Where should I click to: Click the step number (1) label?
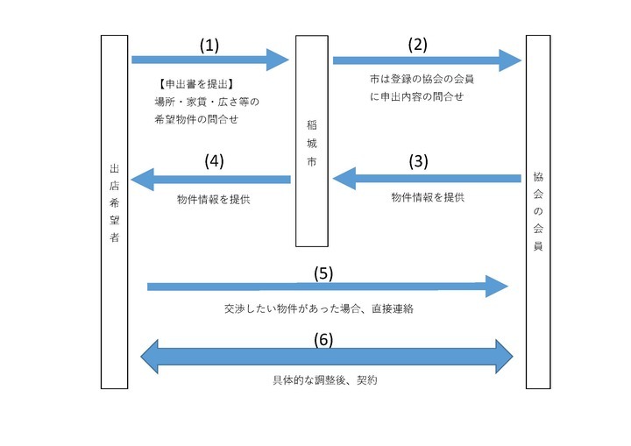(209, 44)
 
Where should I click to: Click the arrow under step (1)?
(209, 60)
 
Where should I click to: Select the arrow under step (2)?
(427, 60)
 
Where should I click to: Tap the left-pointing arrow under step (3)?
(426, 180)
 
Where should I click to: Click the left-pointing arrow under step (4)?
(210, 180)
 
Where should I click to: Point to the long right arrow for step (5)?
(327, 287)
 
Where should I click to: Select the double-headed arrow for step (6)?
(326, 357)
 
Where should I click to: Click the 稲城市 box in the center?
(312, 140)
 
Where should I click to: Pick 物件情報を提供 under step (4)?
(213, 199)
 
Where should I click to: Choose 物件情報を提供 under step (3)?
(427, 198)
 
